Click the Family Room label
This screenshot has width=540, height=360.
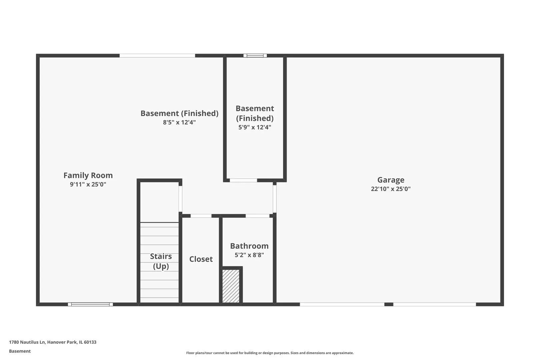[x=88, y=175]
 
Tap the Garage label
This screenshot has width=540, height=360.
[x=391, y=180]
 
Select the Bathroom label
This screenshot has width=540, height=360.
[x=249, y=246]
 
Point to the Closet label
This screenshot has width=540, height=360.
[x=201, y=259]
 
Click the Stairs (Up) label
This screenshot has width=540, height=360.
[x=161, y=261]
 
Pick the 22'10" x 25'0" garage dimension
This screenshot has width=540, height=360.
[x=391, y=189]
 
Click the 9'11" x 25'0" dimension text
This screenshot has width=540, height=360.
[x=88, y=184]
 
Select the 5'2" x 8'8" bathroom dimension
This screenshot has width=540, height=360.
[x=249, y=255]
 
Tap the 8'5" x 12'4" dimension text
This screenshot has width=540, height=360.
[x=179, y=122]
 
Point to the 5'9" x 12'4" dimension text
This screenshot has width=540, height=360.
[x=255, y=127]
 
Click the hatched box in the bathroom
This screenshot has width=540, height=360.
[x=231, y=286]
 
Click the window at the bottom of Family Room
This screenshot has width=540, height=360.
[x=90, y=304]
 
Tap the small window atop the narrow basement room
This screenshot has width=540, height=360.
[x=255, y=56]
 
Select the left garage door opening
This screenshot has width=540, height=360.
[x=342, y=304]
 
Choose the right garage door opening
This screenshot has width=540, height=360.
[x=435, y=304]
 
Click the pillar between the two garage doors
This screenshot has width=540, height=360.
[x=389, y=304]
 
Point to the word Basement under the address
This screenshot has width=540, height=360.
[x=20, y=351]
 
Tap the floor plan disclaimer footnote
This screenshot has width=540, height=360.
[x=270, y=353]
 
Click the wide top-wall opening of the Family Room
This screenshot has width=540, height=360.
[x=157, y=56]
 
